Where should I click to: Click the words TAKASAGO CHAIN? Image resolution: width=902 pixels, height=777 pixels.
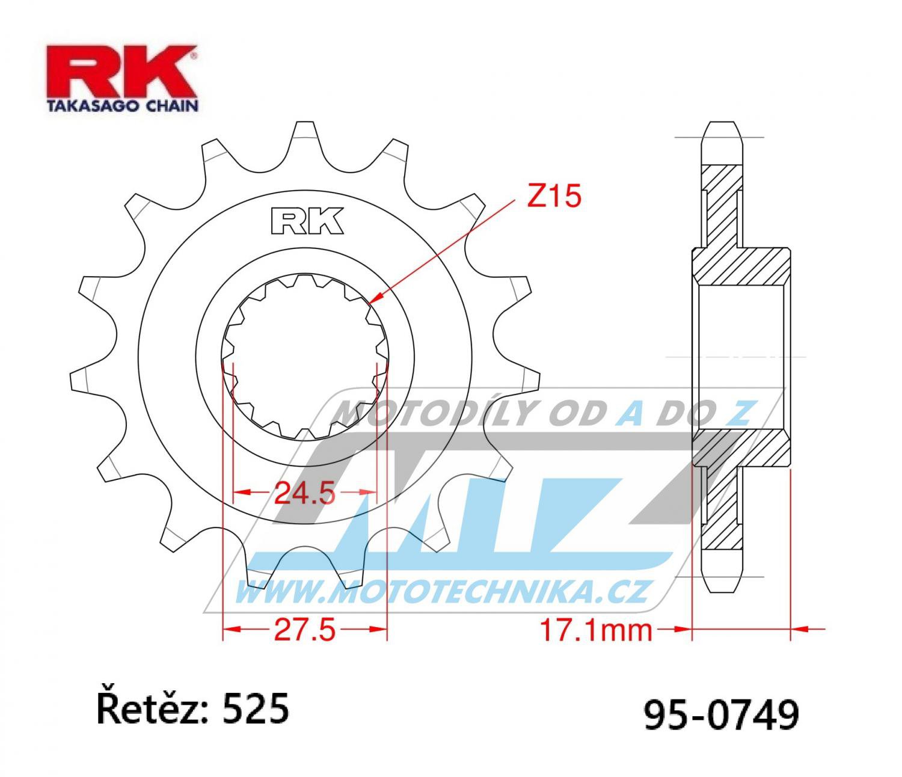[123, 106]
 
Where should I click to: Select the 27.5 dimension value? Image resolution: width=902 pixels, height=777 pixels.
[305, 629]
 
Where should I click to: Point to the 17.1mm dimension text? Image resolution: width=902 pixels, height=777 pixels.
[596, 630]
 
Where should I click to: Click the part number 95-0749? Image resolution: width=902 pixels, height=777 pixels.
[722, 714]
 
